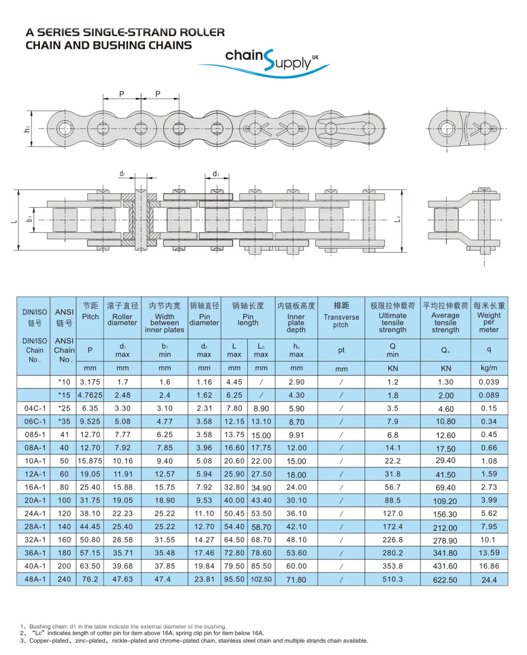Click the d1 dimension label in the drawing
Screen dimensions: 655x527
click(216, 174)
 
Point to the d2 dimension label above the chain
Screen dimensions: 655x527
click(122, 174)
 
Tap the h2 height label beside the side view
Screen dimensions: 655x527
click(27, 129)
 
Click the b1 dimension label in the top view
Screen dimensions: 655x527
click(29, 219)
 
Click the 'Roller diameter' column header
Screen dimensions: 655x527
click(122, 319)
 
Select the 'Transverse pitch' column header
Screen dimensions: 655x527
click(341, 321)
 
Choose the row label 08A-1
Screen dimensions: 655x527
click(35, 448)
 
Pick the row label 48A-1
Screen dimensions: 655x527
click(35, 579)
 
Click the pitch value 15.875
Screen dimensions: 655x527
click(90, 461)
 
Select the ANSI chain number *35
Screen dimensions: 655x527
click(64, 421)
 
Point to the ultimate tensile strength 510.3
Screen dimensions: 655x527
click(393, 579)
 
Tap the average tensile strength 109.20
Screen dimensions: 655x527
click(445, 501)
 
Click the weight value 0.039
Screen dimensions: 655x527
click(489, 382)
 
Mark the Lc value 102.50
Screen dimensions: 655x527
click(261, 579)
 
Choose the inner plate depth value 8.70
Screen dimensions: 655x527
click(296, 421)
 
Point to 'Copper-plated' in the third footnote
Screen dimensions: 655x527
click(49, 641)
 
